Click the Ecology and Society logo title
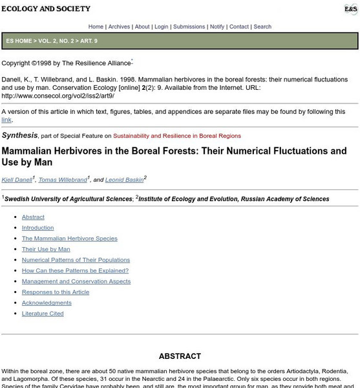pyautogui.click(x=46, y=9)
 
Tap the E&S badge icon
pyautogui.click(x=349, y=9)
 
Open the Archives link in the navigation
pyautogui.click(x=119, y=27)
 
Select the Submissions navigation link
pyautogui.click(x=189, y=27)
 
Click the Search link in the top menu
pyautogui.click(x=262, y=27)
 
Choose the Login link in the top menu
pyautogui.click(x=161, y=27)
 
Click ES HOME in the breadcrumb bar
pyautogui.click(x=21, y=40)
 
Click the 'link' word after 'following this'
pyautogui.click(x=6, y=120)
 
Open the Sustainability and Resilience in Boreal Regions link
pyautogui.click(x=177, y=136)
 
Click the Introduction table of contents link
pyautogui.click(x=38, y=228)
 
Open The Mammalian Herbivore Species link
pyautogui.click(x=70, y=238)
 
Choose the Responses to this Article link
pyautogui.click(x=56, y=292)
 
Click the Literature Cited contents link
pyautogui.click(x=43, y=314)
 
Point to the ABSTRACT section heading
pyautogui.click(x=180, y=356)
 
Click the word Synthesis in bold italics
pyautogui.click(x=19, y=135)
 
